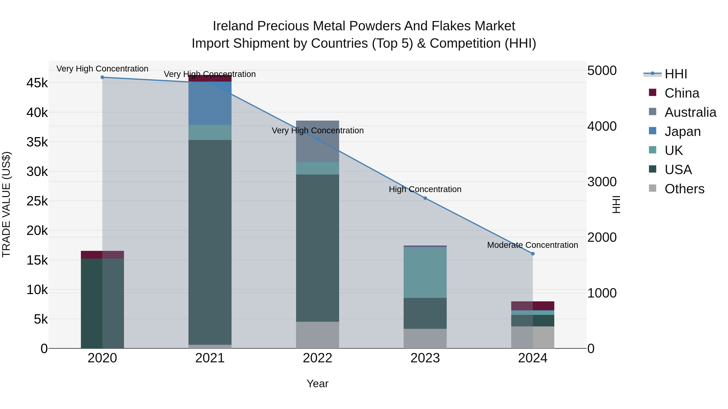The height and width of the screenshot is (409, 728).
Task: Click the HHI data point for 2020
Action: (102, 77)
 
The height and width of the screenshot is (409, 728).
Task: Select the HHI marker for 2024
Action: (533, 254)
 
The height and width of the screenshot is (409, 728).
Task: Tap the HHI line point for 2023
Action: (425, 198)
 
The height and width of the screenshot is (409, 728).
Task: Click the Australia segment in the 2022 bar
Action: (317, 141)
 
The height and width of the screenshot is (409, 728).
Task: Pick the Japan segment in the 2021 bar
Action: (210, 103)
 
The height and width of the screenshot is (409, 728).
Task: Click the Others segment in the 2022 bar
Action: (317, 335)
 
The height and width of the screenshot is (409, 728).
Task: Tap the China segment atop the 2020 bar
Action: (102, 255)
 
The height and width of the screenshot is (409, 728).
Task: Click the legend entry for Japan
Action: (682, 131)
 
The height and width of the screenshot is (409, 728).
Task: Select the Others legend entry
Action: (684, 189)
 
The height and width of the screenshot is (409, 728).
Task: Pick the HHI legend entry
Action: (675, 74)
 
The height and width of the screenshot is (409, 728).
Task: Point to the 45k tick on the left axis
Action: (37, 83)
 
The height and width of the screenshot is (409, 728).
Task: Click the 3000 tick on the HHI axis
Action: (602, 182)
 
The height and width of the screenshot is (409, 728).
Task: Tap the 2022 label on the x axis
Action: (317, 358)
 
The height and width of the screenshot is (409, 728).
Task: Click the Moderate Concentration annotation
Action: (532, 245)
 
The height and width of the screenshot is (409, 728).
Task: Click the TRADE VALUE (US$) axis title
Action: (6, 204)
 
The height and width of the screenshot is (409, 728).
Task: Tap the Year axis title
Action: (317, 384)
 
